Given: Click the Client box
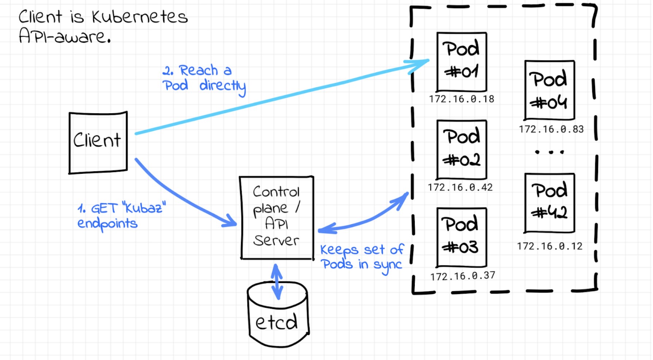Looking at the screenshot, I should pos(98,142).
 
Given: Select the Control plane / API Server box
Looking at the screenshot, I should pos(277,218).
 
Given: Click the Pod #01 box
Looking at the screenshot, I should pos(462,61).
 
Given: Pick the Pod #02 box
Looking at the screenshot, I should pos(462,149).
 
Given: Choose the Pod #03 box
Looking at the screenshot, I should pos(462,237).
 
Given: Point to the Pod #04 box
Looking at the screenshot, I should pos(549,90).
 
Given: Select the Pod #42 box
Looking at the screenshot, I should pos(549,203).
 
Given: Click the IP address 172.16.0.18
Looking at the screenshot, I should pos(462,99).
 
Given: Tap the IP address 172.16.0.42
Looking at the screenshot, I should pos(460,188).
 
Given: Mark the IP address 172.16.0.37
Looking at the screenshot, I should pos(462,276).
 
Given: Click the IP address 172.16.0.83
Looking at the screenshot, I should pos(551,129).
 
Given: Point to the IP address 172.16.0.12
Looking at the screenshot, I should pos(549,246).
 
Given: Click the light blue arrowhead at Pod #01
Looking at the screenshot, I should pos(420,64).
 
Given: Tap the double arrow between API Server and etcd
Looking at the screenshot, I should pos(277,282).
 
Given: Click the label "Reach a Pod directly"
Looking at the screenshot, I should pos(204,78).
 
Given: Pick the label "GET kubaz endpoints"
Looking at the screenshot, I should pos(121,215).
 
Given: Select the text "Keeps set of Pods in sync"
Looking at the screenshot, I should pos(362,257).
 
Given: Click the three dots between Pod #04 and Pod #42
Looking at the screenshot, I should pos(549,152).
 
